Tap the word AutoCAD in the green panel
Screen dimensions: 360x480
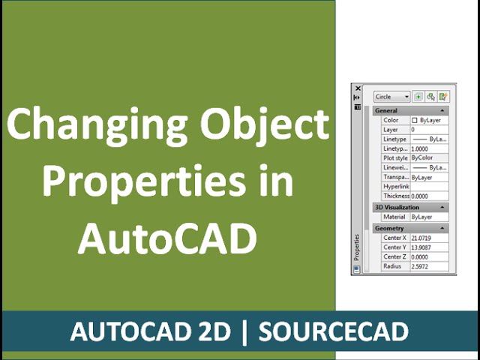pyautogui.click(x=166, y=238)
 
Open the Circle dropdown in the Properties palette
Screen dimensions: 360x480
pyautogui.click(x=392, y=97)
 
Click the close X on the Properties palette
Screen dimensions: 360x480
pyautogui.click(x=358, y=88)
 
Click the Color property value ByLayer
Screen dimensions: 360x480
pyautogui.click(x=429, y=120)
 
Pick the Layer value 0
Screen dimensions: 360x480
pyautogui.click(x=413, y=130)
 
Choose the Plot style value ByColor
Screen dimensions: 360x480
pyautogui.click(x=422, y=158)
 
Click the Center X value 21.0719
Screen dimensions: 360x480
pyautogui.click(x=422, y=238)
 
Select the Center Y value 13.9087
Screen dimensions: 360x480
pyautogui.click(x=422, y=247)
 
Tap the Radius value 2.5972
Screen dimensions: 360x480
pyautogui.click(x=421, y=266)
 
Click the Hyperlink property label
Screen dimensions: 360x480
pyautogui.click(x=394, y=187)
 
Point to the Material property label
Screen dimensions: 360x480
pyautogui.click(x=394, y=217)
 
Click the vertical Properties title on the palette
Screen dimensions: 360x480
pyautogui.click(x=357, y=247)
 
